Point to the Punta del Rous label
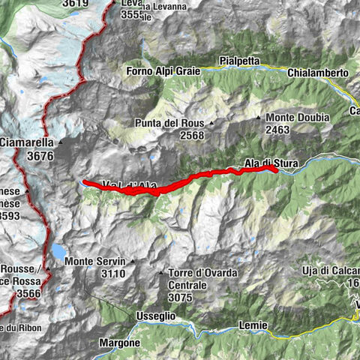(x=169, y=123)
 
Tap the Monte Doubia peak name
(x=298, y=118)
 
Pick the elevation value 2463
(x=277, y=130)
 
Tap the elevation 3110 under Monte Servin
(x=113, y=274)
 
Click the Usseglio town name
(x=155, y=316)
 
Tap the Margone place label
(x=119, y=343)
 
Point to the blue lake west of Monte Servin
(x=58, y=250)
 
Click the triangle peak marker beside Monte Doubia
(x=259, y=118)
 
